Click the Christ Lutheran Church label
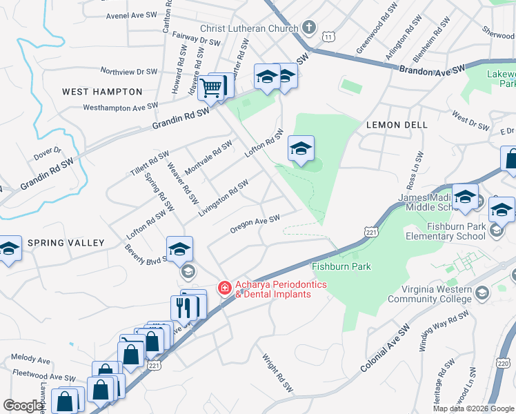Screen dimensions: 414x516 [249, 29]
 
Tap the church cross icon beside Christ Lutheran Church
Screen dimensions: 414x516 [309, 29]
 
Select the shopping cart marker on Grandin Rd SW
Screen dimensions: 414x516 [211, 88]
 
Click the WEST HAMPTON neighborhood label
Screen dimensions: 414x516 [102, 92]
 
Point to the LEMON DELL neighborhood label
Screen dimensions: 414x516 [397, 125]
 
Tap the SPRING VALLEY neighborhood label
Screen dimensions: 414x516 [66, 243]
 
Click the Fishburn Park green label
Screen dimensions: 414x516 [341, 266]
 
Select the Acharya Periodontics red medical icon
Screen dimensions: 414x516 [224, 288]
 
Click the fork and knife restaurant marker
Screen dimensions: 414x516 [183, 307]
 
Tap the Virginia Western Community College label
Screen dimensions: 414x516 [432, 294]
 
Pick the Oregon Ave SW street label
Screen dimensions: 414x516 [255, 224]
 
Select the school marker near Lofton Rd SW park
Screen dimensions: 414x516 [301, 148]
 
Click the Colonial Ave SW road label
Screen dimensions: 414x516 [385, 348]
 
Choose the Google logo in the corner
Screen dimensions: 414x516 [23, 406]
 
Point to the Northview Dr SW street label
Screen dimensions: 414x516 [129, 71]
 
